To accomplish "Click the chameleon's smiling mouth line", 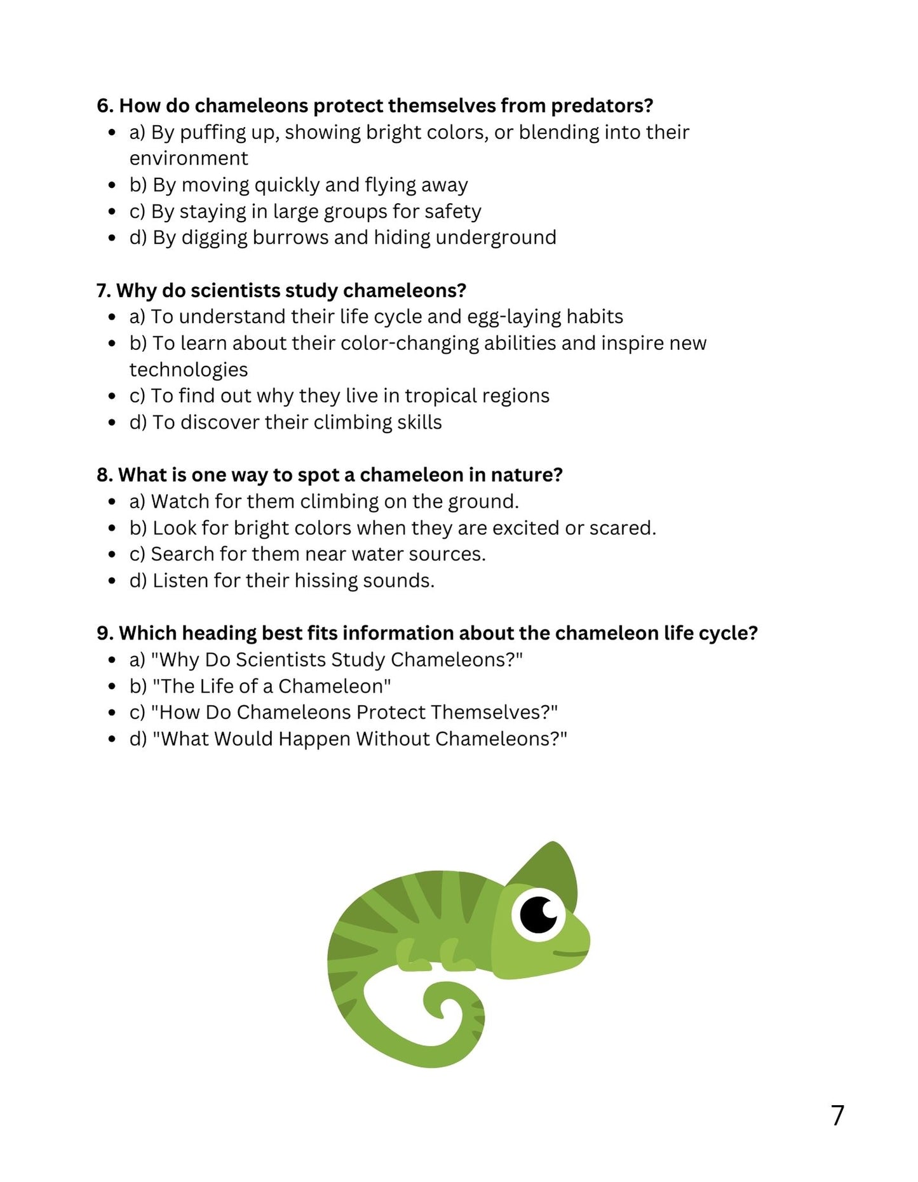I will pyautogui.click(x=570, y=953).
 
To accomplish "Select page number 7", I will pyautogui.click(x=837, y=1115).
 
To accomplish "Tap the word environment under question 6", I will pyautogui.click(x=189, y=158).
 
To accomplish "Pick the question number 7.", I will pyautogui.click(x=104, y=290).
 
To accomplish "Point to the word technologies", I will pyautogui.click(x=189, y=370).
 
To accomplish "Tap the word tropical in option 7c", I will pyautogui.click(x=441, y=396).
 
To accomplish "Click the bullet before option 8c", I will pyautogui.click(x=112, y=554).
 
